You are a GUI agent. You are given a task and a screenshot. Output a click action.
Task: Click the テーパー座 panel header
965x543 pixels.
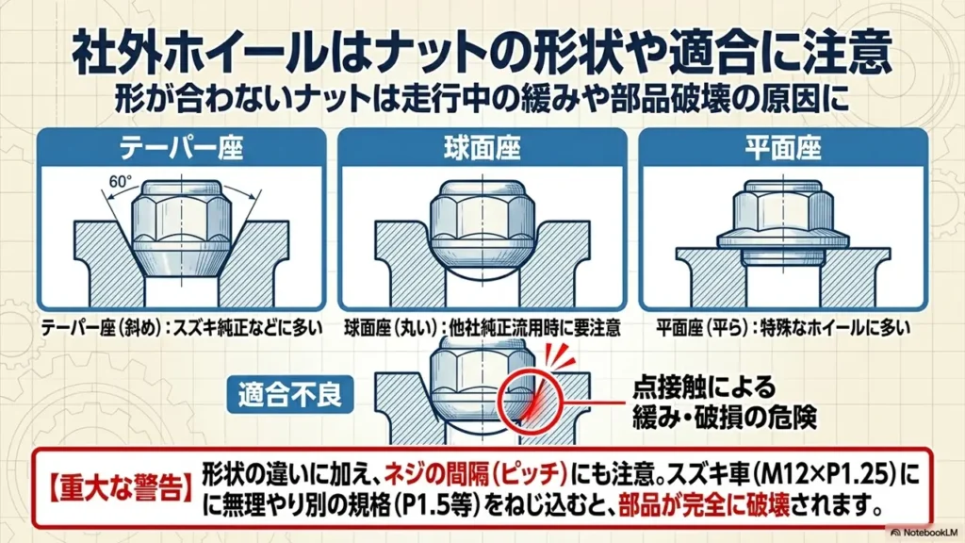[182, 148]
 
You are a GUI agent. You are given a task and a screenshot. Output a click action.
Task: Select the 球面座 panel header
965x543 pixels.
[482, 148]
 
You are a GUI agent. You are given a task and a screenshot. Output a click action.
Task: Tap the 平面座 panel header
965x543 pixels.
[783, 148]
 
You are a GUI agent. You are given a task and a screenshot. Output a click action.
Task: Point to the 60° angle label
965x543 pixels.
[120, 181]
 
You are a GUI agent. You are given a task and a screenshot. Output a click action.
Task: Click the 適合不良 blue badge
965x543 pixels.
[290, 394]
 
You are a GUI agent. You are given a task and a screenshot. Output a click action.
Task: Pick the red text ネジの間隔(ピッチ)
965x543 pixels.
[475, 474]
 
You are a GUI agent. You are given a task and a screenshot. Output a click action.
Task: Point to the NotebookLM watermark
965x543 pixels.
[924, 532]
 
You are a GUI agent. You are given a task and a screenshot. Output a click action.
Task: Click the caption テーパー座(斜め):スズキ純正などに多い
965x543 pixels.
[182, 328]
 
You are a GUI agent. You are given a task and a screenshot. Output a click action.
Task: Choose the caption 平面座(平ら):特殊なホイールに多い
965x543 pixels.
[783, 328]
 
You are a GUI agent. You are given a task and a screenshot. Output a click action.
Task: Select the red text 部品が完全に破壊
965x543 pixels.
[703, 506]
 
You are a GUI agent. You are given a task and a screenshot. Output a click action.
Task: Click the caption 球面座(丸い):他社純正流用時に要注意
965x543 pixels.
[482, 328]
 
